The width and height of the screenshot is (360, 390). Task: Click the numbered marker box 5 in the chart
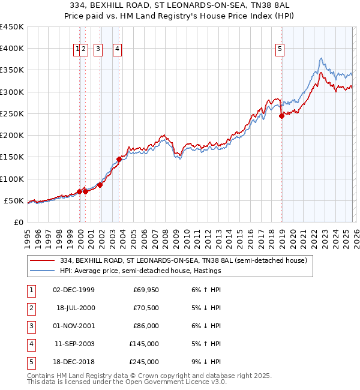pos(280,49)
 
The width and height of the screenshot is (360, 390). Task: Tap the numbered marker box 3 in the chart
pos(98,49)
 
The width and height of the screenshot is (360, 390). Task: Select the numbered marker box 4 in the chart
pos(117,49)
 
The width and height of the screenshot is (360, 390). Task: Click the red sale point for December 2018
pos(281,116)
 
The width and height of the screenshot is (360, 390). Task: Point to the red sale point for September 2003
pos(119,159)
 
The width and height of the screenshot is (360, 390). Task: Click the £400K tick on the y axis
pos(12,49)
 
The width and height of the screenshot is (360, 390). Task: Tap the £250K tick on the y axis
pos(12,113)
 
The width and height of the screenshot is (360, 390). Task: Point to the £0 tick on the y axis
pos(19,222)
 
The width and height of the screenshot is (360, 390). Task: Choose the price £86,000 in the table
pos(145,326)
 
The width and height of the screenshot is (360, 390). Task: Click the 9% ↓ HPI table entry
pos(203,362)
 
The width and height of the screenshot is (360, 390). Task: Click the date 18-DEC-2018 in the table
pos(73,362)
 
